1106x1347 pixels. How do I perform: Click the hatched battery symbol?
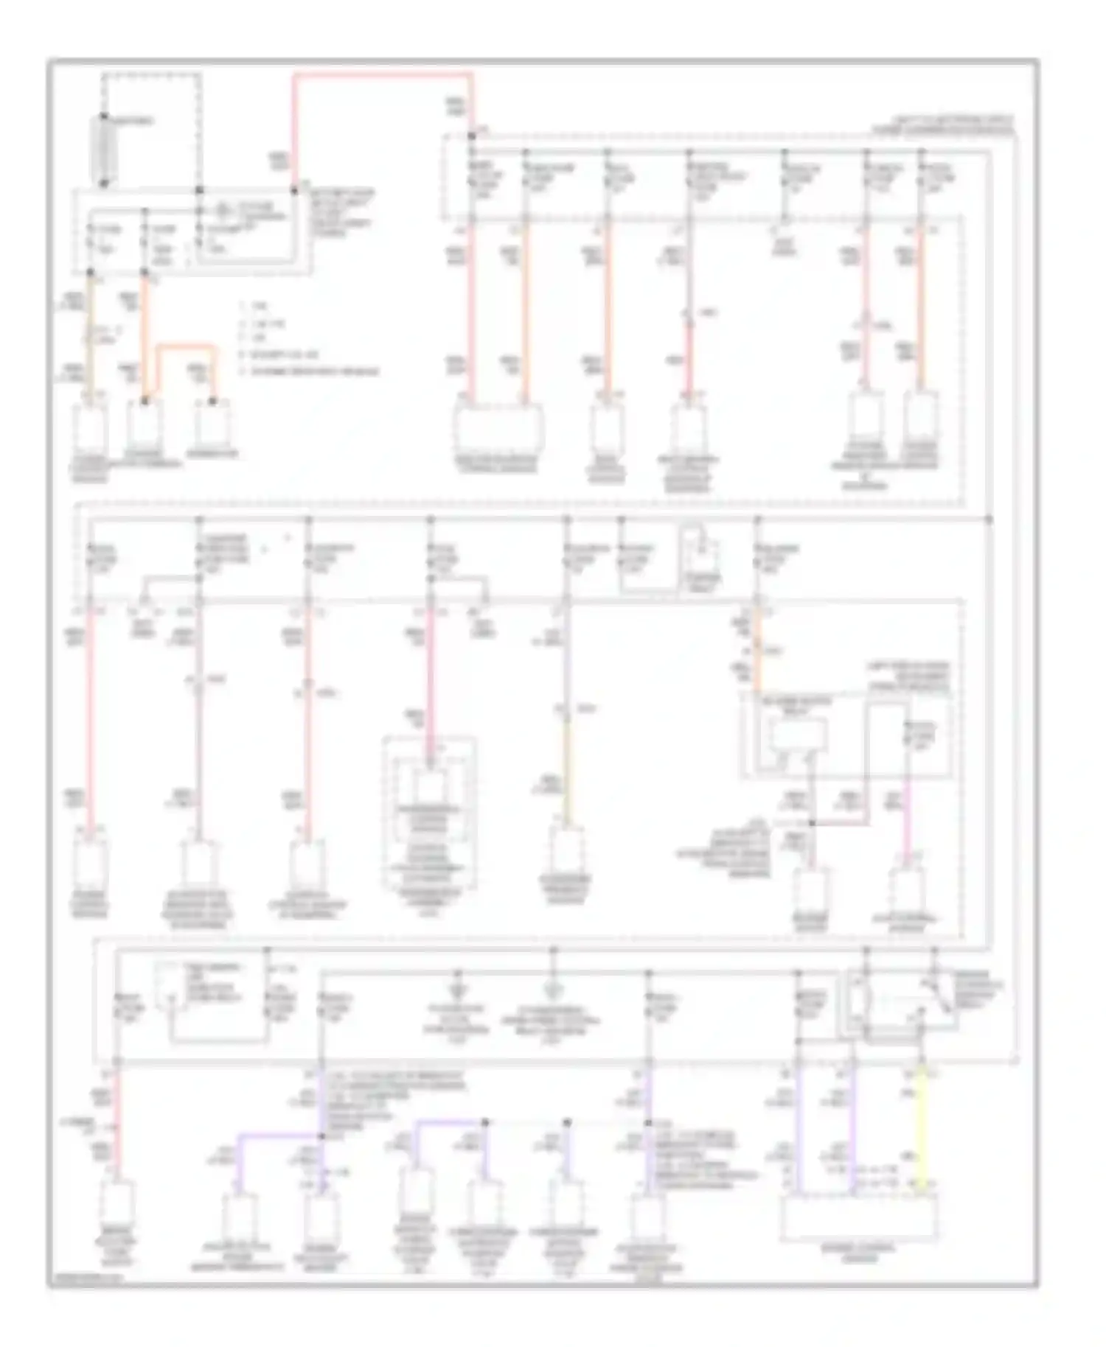tap(103, 150)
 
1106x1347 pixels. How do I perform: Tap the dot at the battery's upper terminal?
tap(104, 117)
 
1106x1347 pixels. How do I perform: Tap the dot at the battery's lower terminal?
tap(104, 183)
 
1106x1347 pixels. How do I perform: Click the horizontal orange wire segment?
tap(184, 345)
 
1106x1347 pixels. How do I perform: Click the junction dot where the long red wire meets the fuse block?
tap(471, 136)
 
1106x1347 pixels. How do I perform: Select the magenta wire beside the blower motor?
tap(906, 818)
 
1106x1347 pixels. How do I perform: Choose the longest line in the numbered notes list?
tap(310, 371)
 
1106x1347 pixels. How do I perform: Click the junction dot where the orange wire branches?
tap(145, 402)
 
